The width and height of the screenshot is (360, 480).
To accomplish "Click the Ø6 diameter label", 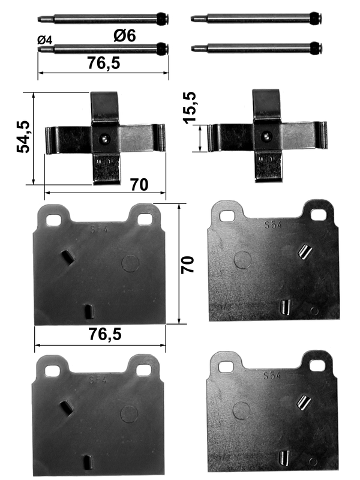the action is click(x=125, y=35).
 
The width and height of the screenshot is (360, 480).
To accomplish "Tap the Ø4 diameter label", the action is click(x=45, y=40).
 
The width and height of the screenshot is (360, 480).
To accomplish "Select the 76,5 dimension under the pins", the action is click(x=104, y=63).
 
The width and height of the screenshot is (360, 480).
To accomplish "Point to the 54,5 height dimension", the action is click(x=23, y=137).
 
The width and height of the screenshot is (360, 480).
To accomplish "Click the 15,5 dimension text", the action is click(x=190, y=107).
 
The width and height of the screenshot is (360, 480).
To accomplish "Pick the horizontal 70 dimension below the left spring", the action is click(x=139, y=185).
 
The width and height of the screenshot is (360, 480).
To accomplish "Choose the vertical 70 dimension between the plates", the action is click(x=187, y=265).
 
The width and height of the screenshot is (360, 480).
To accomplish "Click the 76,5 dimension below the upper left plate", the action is click(x=105, y=334).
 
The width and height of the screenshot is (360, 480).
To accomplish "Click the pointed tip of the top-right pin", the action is click(x=191, y=19).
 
